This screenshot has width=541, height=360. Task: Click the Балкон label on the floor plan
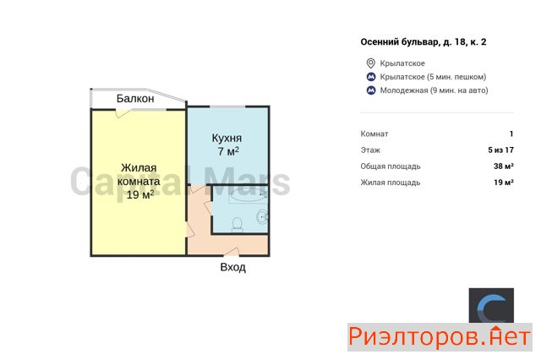[x=135, y=99]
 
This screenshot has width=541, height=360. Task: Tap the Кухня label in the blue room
[x=227, y=138]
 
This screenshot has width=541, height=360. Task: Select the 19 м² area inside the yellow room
[x=140, y=194]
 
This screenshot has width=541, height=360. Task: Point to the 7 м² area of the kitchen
[x=228, y=151]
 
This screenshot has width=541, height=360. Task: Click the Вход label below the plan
[x=233, y=267]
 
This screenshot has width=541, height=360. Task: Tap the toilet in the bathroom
[x=238, y=224]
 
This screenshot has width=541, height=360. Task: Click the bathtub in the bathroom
[x=248, y=195]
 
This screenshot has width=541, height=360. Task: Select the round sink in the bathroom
[x=262, y=216]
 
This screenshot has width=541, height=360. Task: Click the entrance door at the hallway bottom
[x=231, y=253]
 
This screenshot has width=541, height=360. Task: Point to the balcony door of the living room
[x=123, y=112]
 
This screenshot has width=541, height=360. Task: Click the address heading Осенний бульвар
[x=424, y=42]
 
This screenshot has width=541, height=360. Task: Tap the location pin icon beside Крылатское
[x=370, y=63]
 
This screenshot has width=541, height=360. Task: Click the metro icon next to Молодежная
[x=371, y=90]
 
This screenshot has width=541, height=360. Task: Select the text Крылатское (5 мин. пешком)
[x=433, y=77]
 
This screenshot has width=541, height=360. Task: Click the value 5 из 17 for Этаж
[x=501, y=150]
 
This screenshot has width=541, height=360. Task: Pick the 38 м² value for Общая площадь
[x=504, y=166]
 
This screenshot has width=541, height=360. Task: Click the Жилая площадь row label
[x=391, y=183]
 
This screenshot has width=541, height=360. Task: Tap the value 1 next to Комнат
[x=511, y=134]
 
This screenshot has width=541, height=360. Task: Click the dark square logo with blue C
[x=491, y=306]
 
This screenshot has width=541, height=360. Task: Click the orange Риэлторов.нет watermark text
[x=440, y=337]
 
